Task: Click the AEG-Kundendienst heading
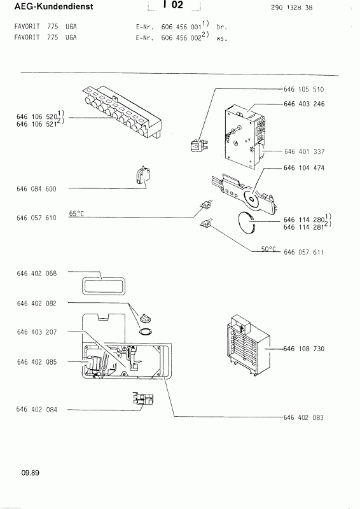pyautogui.click(x=53, y=6)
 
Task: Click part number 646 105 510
pyautogui.click(x=303, y=89)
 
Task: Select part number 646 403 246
pyautogui.click(x=304, y=104)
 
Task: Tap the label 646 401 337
pyautogui.click(x=304, y=151)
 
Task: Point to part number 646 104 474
pyautogui.click(x=304, y=168)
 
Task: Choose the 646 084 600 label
pyautogui.click(x=36, y=189)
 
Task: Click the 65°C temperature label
pyautogui.click(x=76, y=213)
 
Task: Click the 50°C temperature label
pyautogui.click(x=268, y=249)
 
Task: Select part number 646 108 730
pyautogui.click(x=304, y=349)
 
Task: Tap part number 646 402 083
pyautogui.click(x=303, y=417)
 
